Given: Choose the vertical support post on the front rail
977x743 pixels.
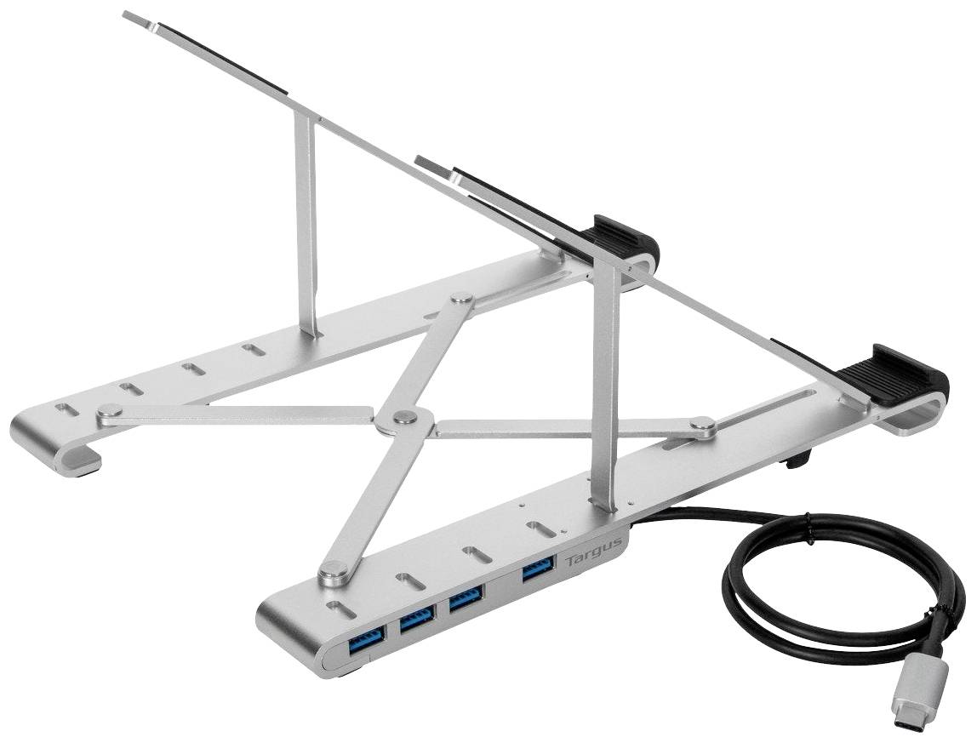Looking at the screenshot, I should point(606,392).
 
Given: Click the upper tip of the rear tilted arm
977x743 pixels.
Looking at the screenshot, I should point(136,18).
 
